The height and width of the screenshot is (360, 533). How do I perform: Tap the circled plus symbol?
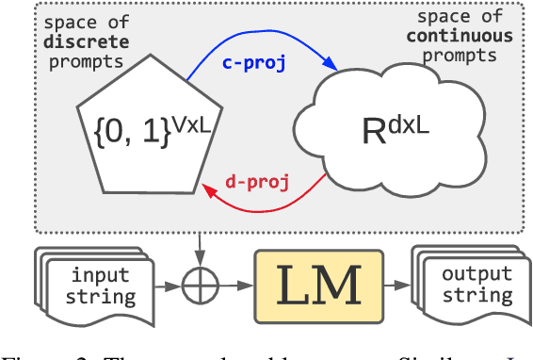[197, 283]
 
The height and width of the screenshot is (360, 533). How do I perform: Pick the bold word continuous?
[460, 37]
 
